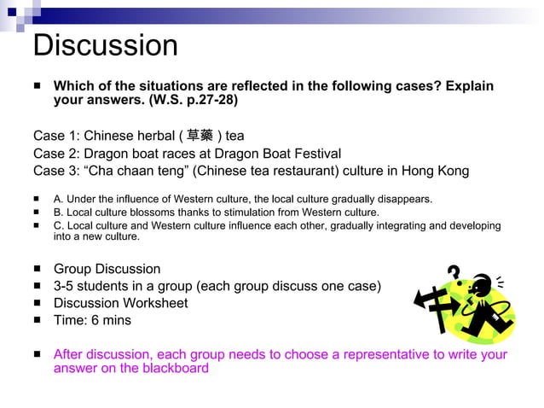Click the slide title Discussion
pos(105,45)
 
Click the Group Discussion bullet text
pos(107,269)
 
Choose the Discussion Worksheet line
pos(120,303)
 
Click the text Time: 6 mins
pos(92,320)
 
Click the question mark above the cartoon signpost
pos(454,273)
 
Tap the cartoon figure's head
pos(483,283)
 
